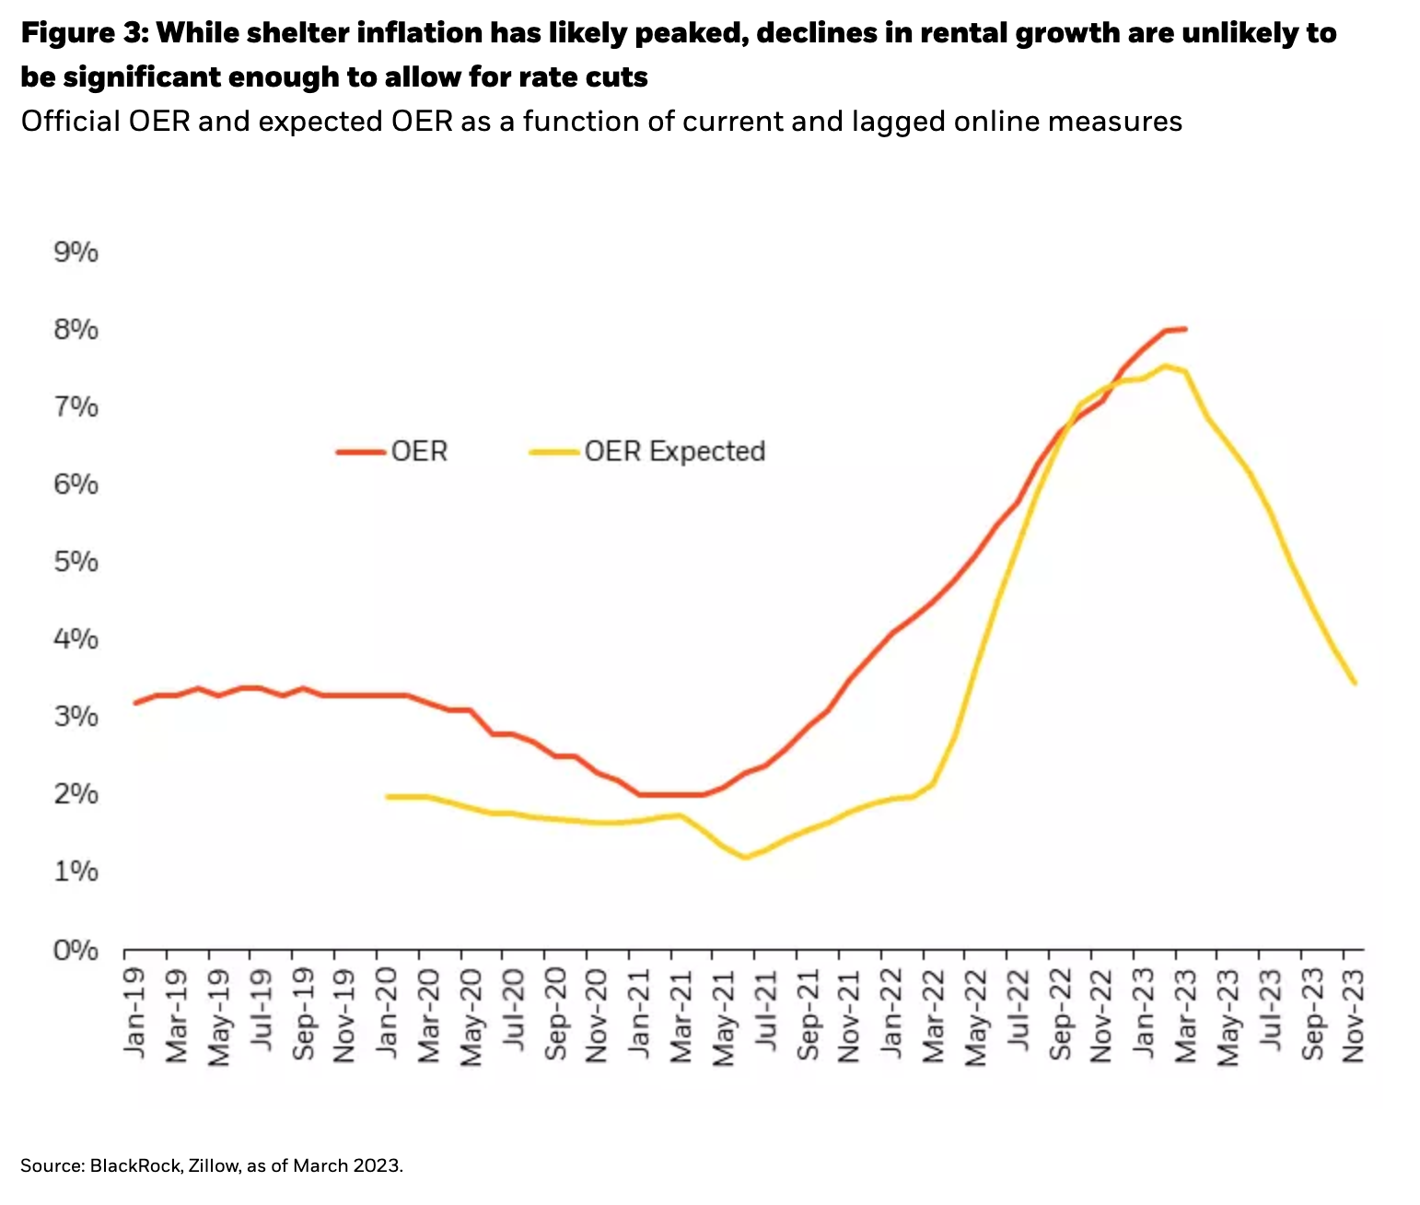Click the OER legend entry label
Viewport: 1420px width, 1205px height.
419,451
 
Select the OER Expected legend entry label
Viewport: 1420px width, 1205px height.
674,451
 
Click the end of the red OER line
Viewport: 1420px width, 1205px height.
1184,328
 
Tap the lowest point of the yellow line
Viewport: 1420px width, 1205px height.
745,857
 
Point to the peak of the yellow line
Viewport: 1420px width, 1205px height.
1164,366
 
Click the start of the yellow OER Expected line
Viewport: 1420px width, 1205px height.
387,796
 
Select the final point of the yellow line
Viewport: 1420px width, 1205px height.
1355,683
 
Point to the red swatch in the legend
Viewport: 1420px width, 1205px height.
360,451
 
